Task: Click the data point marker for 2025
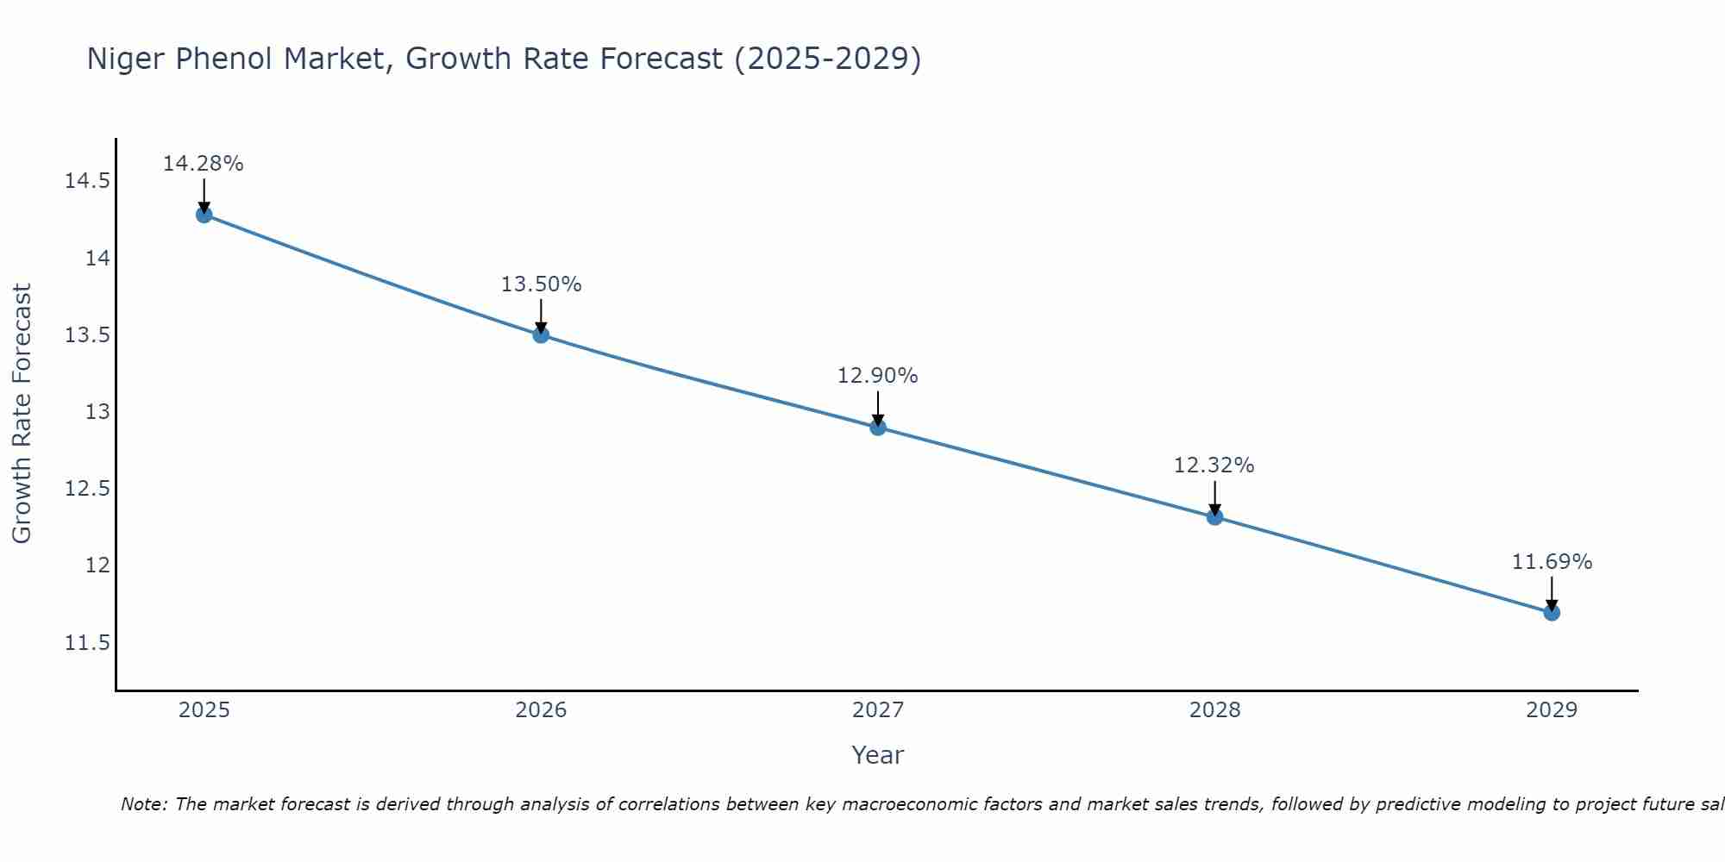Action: [x=204, y=215]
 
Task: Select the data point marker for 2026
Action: [x=541, y=334]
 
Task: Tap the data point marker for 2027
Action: [x=878, y=427]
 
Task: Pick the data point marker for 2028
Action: [x=1214, y=517]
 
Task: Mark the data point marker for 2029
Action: [x=1552, y=613]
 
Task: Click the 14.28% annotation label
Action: [x=204, y=164]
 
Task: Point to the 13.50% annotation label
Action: [x=541, y=284]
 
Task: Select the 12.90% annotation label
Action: [x=878, y=376]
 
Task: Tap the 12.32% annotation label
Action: [x=1214, y=465]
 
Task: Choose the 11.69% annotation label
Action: [x=1552, y=562]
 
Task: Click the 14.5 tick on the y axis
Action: [x=87, y=181]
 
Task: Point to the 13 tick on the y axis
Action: [x=97, y=412]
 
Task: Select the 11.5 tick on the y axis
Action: [x=87, y=643]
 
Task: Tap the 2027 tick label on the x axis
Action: [x=878, y=710]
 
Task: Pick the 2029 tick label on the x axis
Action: [x=1552, y=710]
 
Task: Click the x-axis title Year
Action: [x=878, y=755]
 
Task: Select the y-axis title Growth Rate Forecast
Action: [x=22, y=414]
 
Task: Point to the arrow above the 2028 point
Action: [x=1214, y=497]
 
